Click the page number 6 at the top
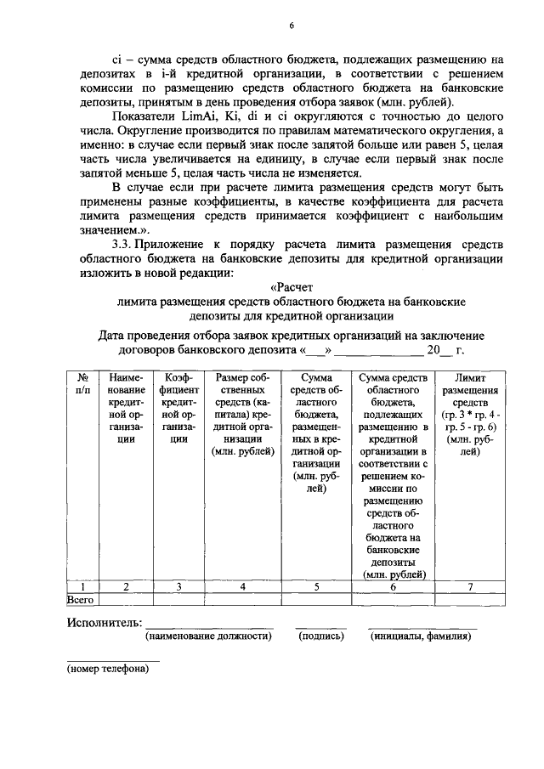[x=290, y=26]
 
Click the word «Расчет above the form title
[x=291, y=286]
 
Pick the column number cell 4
[x=242, y=586]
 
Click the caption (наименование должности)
[x=208, y=636]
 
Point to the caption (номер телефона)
[x=108, y=669]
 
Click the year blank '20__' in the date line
[x=439, y=349]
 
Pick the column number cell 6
[x=393, y=586]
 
